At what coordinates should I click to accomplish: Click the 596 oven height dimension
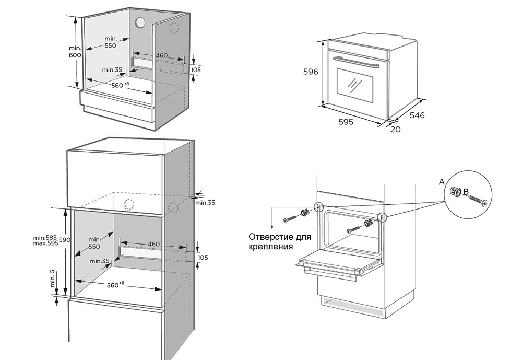pos(311,72)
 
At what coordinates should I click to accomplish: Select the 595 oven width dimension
pos(346,122)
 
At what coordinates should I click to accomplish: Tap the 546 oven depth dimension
pos(418,115)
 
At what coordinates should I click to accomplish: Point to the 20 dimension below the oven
pos(395,129)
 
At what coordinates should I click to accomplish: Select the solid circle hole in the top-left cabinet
pos(141,22)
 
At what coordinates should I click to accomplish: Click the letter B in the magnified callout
pos(466,191)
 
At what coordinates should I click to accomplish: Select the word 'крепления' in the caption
pos(271,247)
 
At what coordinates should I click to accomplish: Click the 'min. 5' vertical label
pos(53,278)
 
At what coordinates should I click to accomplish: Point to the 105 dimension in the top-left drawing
pos(196,70)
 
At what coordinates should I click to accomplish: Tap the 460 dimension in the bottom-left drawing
pos(153,243)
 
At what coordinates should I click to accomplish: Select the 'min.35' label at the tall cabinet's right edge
pos(204,202)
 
